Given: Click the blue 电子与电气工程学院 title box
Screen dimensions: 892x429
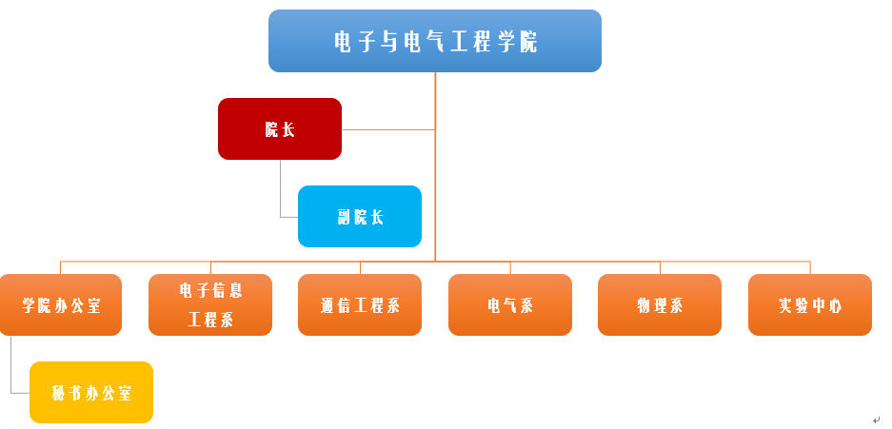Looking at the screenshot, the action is tap(435, 41).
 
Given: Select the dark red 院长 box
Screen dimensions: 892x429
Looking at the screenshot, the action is tap(280, 129).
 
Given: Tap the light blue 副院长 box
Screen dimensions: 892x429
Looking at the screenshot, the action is tap(360, 217).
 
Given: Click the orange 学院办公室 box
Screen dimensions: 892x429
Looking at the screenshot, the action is tap(60, 304).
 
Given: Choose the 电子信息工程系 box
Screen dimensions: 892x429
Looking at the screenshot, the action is tap(210, 304).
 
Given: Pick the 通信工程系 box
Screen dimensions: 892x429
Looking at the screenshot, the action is tap(360, 304).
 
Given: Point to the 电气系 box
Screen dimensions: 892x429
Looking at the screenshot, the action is tap(510, 304).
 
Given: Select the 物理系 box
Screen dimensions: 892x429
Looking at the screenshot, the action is tap(660, 304).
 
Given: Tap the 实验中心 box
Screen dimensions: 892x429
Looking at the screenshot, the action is tap(810, 304).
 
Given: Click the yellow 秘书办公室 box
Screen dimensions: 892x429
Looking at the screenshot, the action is tap(91, 392).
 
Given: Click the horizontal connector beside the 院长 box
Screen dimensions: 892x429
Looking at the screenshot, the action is tap(388, 129).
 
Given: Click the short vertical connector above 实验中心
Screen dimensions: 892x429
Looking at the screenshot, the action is tap(810, 267).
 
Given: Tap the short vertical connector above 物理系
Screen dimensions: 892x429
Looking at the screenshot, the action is tap(660, 267).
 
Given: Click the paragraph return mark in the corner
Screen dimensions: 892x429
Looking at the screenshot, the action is tap(876, 419).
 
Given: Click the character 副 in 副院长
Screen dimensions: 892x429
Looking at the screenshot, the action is tap(344, 217).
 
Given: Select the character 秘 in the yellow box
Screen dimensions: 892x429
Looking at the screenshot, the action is tap(59, 393).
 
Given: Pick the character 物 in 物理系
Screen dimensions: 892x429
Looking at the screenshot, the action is tap(644, 305).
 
